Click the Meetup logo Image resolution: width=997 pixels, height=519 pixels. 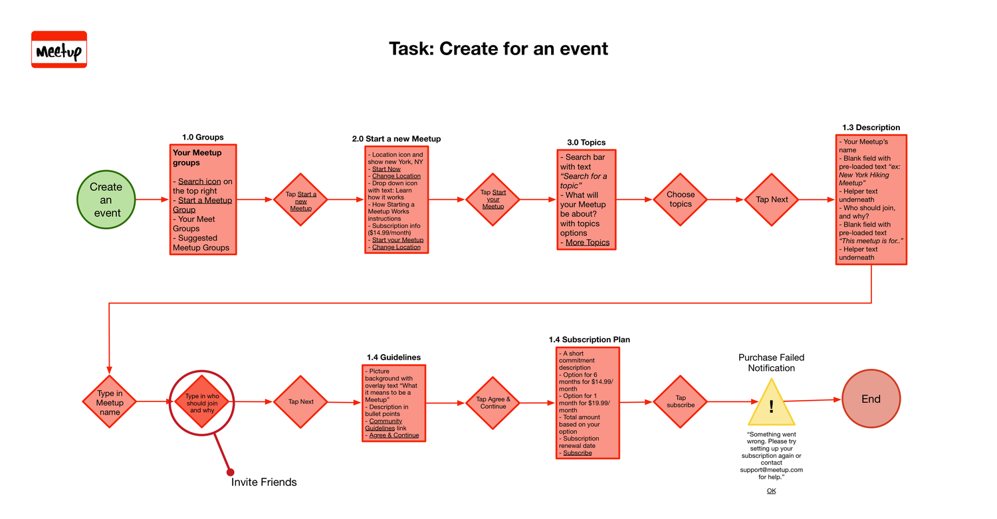[x=59, y=49]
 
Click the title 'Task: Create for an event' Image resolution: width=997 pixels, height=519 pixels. [x=498, y=49]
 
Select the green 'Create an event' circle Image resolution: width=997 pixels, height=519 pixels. [x=106, y=199]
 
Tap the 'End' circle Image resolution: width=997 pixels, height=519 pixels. [x=871, y=399]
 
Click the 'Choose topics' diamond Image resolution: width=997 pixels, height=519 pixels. [x=680, y=199]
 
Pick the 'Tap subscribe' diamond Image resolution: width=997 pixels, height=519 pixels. [x=681, y=401]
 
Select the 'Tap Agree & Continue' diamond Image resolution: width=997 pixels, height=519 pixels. [x=493, y=403]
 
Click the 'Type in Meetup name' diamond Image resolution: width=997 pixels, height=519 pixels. [x=110, y=402]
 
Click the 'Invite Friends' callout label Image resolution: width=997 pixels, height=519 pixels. [x=264, y=482]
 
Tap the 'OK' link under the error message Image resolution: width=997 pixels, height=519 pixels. [x=771, y=491]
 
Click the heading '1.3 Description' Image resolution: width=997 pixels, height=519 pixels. [x=871, y=128]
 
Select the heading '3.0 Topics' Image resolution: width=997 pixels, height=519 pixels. [x=586, y=142]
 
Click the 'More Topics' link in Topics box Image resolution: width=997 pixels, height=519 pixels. [x=588, y=243]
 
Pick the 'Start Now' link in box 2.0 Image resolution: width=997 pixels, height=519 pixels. [x=386, y=169]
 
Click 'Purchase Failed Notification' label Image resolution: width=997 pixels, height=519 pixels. [x=771, y=363]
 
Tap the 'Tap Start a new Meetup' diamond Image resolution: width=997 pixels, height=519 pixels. [x=301, y=200]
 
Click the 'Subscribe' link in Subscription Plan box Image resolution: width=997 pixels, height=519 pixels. [x=578, y=453]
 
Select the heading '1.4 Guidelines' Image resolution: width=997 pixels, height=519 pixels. [x=393, y=358]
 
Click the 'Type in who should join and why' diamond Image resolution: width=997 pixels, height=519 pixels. [x=201, y=401]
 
